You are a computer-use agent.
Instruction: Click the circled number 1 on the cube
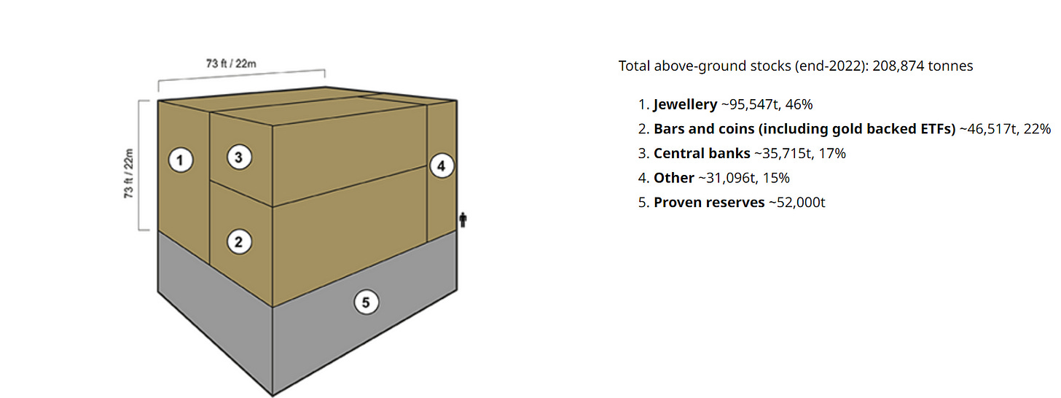pos(181,160)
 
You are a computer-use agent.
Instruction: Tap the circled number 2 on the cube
pos(239,242)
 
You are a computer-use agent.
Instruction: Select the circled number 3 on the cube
pos(239,157)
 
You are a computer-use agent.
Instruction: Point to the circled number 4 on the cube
pos(442,166)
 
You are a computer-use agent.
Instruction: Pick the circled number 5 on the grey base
pos(366,303)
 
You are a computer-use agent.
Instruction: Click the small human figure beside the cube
pos(463,219)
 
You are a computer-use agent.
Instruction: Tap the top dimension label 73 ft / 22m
pos(231,63)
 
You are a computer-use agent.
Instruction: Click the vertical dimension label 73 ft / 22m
pos(128,173)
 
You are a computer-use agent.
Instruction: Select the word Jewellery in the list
pos(685,104)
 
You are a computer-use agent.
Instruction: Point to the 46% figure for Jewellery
pos(799,104)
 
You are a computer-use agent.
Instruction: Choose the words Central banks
pos(702,154)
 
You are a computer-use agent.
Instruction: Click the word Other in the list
pos(673,178)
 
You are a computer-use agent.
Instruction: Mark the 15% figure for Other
pos(776,178)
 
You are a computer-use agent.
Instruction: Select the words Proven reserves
pos(708,203)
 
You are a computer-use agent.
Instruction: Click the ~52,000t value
pos(796,203)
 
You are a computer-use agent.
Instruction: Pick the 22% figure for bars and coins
pos(1037,129)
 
